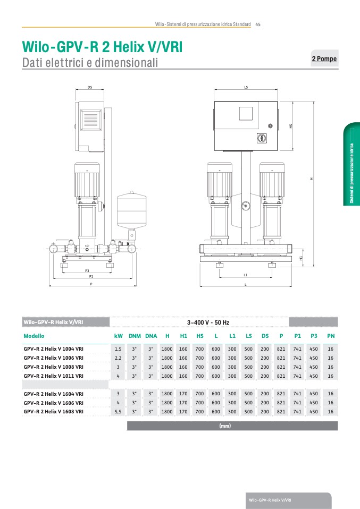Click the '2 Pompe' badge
click(324, 58)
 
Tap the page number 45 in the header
click(258, 24)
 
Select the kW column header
click(118, 336)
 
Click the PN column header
click(331, 336)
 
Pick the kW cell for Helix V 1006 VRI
click(118, 358)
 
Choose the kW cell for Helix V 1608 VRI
click(118, 411)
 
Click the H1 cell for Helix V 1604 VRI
click(183, 393)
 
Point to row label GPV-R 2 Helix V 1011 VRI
click(54, 376)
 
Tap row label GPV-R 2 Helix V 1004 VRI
click(54, 349)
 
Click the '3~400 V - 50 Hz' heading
click(208, 323)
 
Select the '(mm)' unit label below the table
click(225, 426)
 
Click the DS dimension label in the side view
click(90, 87)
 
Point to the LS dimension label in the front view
click(246, 87)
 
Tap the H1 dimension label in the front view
click(301, 258)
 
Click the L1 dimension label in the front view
click(246, 275)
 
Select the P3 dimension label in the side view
click(87, 270)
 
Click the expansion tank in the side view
click(131, 210)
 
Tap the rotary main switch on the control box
click(261, 138)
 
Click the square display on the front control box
click(246, 114)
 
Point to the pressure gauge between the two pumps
click(246, 206)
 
